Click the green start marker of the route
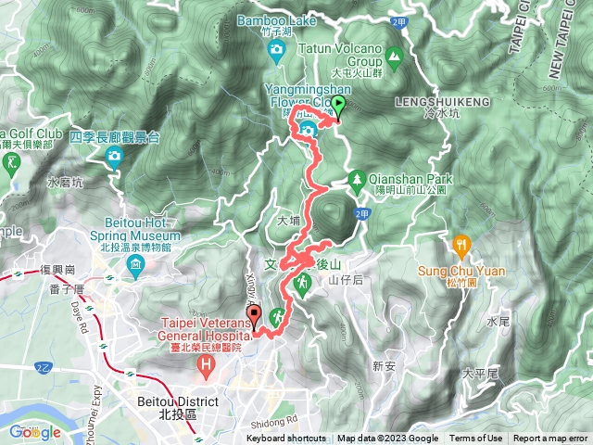(338, 106)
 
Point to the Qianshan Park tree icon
(357, 178)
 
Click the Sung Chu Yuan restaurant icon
(461, 245)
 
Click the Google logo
(34, 432)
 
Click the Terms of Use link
(475, 439)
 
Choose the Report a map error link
(550, 439)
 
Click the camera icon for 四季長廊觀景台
(114, 155)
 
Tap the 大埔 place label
(288, 222)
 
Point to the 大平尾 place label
(480, 374)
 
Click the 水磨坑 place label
(65, 183)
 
